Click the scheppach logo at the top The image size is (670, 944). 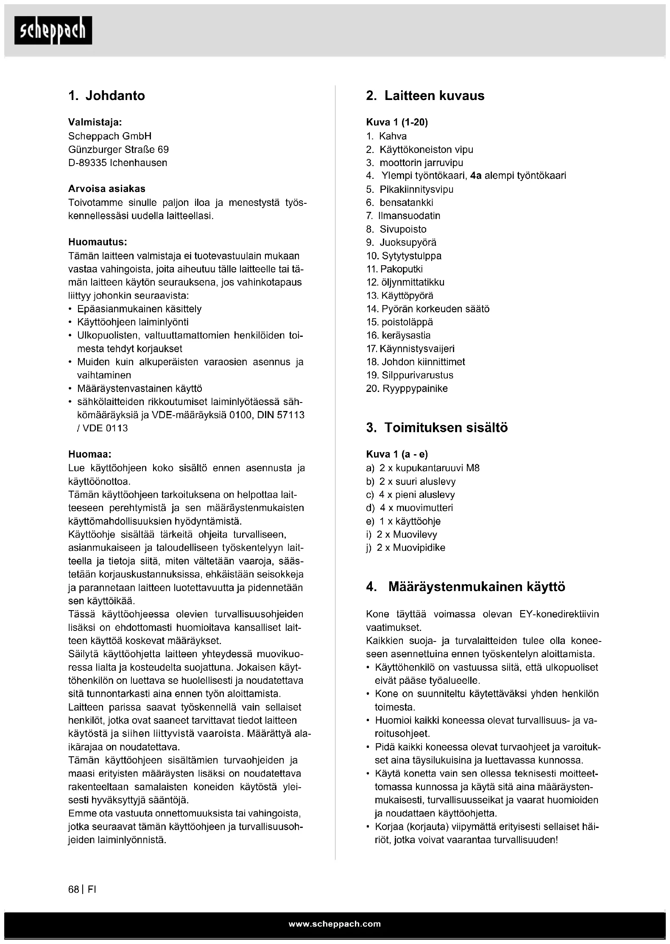[x=53, y=30]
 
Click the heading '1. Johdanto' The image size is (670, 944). [x=106, y=96]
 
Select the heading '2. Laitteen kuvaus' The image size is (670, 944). [x=425, y=96]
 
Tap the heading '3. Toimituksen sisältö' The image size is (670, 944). [x=437, y=428]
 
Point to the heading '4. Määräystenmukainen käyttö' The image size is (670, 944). [x=466, y=587]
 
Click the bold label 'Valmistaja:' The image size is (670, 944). [x=95, y=122]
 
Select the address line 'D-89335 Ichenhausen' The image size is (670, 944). [x=117, y=163]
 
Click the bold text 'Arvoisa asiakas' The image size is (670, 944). [x=107, y=189]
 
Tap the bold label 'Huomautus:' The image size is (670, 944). [x=98, y=242]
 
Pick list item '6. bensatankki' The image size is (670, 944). [x=400, y=203]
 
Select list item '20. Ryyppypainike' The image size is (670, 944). [x=407, y=389]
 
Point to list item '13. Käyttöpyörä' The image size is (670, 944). [x=400, y=296]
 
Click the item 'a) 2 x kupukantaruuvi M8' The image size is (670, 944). [x=423, y=468]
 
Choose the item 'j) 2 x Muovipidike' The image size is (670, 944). [x=405, y=548]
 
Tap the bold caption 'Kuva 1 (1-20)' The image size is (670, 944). [x=397, y=122]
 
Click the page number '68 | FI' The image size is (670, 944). [x=82, y=889]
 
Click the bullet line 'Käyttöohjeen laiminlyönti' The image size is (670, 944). [x=133, y=322]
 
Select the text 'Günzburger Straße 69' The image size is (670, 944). [x=118, y=150]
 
